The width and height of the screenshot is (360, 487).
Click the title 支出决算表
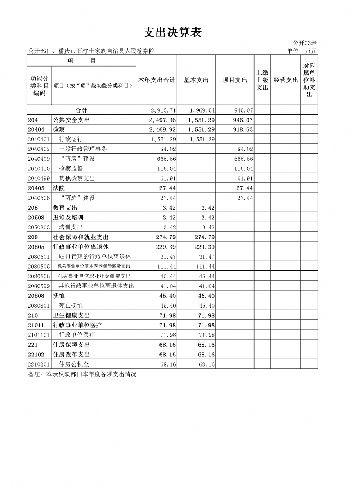point(172,32)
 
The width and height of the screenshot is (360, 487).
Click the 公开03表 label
point(305,43)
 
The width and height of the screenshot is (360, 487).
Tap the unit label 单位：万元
point(302,51)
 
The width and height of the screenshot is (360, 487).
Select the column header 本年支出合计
point(156,80)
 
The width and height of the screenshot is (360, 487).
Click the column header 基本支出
point(196,80)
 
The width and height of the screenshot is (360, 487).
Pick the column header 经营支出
point(285,80)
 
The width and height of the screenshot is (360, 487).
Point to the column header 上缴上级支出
point(262,80)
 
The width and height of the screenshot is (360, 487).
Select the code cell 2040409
point(39,159)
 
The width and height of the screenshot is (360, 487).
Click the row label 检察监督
point(71,168)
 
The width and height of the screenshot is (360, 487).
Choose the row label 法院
point(59,188)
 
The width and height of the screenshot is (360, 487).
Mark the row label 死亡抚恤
point(71,305)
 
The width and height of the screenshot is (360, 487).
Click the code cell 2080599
point(39,286)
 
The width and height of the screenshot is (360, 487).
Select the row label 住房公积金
point(74,364)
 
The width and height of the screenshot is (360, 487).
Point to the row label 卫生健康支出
point(71,315)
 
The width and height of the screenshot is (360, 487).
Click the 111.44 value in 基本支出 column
point(205,267)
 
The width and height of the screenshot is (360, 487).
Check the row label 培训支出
point(71,227)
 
